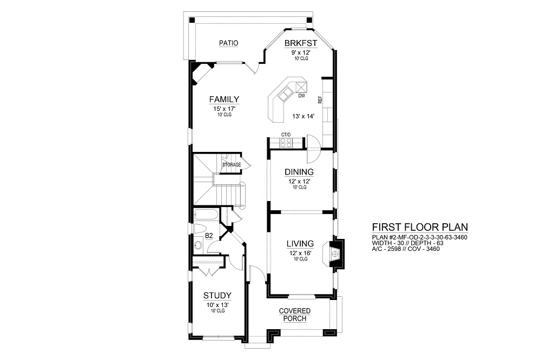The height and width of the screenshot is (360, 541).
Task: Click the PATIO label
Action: click(x=228, y=43)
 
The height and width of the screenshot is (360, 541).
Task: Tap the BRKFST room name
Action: click(x=300, y=43)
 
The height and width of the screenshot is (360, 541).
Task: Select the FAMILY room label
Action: click(x=225, y=99)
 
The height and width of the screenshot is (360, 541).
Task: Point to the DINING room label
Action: click(x=299, y=172)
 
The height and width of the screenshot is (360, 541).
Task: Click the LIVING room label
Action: click(x=300, y=244)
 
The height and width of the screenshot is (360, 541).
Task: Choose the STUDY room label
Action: click(x=217, y=296)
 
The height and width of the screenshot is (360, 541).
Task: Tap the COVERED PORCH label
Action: click(x=295, y=315)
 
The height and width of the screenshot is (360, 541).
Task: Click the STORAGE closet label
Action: click(x=232, y=165)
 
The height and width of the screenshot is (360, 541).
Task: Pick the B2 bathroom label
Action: click(x=209, y=236)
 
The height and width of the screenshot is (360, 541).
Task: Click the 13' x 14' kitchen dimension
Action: click(x=304, y=117)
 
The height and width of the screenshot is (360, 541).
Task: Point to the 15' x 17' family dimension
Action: click(x=225, y=109)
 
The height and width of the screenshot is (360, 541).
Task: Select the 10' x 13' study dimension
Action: click(x=217, y=305)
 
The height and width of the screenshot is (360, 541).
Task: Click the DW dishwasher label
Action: click(x=301, y=96)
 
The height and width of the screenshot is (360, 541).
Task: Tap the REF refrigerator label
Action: click(x=320, y=99)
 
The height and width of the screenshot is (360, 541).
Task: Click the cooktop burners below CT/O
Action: click(x=286, y=143)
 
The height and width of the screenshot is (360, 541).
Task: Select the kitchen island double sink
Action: click(x=286, y=94)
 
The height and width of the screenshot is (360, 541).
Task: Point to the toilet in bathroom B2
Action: click(x=200, y=229)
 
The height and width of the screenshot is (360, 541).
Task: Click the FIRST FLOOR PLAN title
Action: click(x=420, y=227)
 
